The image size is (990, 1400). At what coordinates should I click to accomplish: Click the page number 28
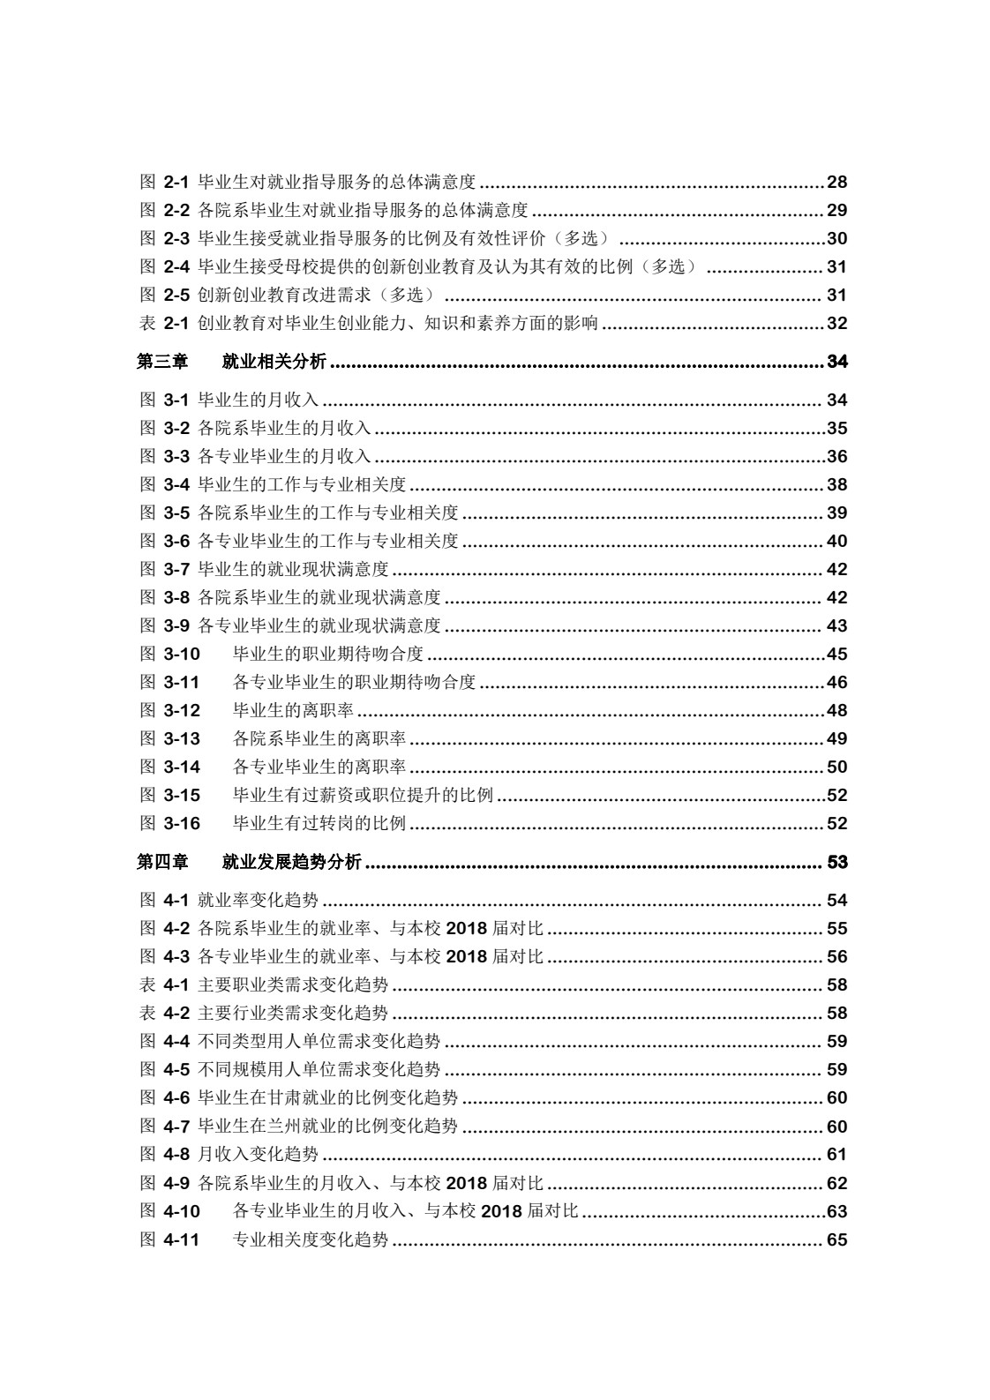point(836,183)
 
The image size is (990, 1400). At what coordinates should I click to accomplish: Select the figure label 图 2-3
point(165,239)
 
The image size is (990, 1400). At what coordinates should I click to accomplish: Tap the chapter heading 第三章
point(162,362)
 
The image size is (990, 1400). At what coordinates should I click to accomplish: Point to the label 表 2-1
point(165,324)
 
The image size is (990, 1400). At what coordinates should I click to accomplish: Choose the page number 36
point(836,457)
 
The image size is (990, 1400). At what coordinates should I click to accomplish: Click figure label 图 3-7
point(165,570)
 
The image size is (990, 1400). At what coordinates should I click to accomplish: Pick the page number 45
point(836,655)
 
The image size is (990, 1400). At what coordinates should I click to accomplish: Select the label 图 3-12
point(170,711)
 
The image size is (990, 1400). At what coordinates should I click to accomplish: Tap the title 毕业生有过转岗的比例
point(319,824)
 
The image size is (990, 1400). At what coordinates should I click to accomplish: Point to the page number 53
point(836,863)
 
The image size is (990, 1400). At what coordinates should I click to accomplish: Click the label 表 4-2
point(165,1014)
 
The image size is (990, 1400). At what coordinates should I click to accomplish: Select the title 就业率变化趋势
point(258,901)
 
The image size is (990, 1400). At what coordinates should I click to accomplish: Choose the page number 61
point(836,1155)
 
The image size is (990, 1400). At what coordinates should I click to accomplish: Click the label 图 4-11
point(170,1240)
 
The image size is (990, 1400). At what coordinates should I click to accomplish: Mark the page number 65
point(836,1240)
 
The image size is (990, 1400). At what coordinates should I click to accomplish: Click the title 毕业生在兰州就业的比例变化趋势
point(327,1127)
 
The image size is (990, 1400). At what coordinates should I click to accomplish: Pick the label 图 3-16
point(170,824)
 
